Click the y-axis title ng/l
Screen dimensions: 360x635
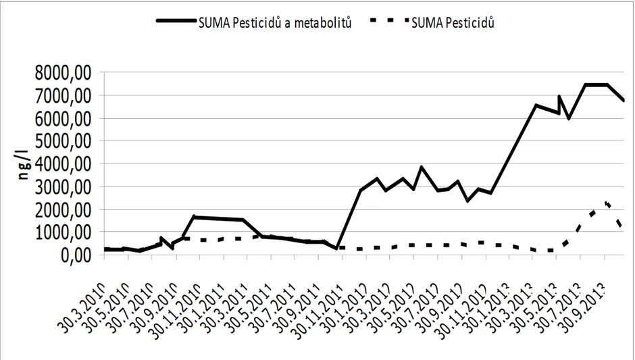coord(24,163)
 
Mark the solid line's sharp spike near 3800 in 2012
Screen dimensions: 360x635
coord(422,167)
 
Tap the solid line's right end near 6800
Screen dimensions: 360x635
coord(624,101)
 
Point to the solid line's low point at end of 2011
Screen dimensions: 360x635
coord(336,249)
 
